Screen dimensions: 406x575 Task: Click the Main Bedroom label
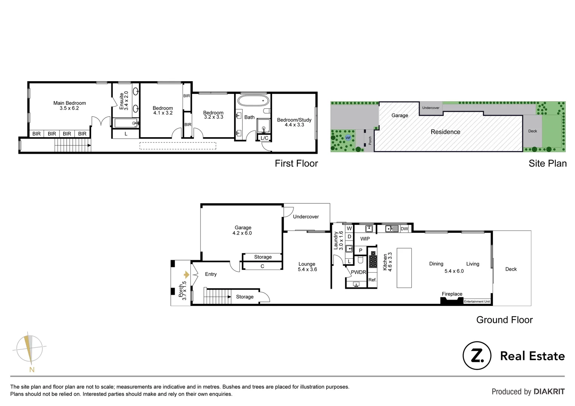[x=70, y=106]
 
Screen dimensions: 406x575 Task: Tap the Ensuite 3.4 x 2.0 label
[x=124, y=101]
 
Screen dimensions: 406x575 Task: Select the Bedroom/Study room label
[x=294, y=122]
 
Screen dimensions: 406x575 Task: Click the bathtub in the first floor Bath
[x=253, y=101]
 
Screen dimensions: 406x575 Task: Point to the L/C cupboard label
[x=265, y=138]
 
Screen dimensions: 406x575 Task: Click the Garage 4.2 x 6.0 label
[x=243, y=230]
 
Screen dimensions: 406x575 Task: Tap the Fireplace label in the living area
[x=452, y=294]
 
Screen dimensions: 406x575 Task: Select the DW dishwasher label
[x=404, y=229]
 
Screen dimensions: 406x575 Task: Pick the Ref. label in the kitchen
[x=372, y=280]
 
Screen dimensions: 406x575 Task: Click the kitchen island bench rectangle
[x=404, y=268]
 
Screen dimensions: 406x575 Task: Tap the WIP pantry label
[x=365, y=239]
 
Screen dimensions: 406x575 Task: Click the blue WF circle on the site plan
[x=348, y=138]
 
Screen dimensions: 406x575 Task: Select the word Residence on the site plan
[x=445, y=132]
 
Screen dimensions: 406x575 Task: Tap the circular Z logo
[x=477, y=356]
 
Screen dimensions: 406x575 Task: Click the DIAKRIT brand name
[x=549, y=392]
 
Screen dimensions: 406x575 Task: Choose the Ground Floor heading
[x=504, y=320]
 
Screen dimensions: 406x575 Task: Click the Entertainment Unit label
[x=477, y=301]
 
